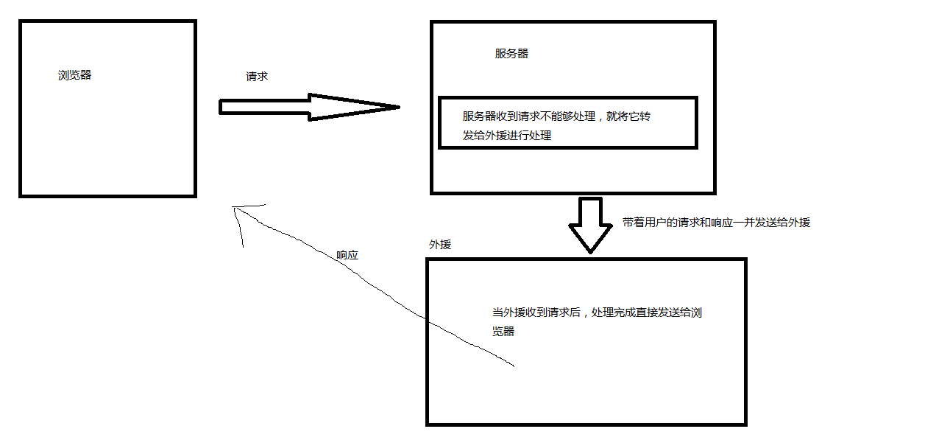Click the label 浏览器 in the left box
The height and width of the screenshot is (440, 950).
point(75,75)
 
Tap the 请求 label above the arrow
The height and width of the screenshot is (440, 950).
point(257,77)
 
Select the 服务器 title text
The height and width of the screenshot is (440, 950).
point(511,54)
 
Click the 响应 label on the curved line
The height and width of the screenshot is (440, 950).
point(347,255)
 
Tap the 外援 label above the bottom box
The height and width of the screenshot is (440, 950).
point(440,245)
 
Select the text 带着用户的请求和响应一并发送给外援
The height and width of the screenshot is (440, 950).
point(716,222)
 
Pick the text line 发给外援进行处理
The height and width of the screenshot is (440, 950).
point(507,136)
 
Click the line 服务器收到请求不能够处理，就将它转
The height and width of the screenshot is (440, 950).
point(567,116)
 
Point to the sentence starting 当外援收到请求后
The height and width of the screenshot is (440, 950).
point(597,312)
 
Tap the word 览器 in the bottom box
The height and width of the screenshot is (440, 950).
point(503,332)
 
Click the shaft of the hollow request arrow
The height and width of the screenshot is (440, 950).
point(265,108)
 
